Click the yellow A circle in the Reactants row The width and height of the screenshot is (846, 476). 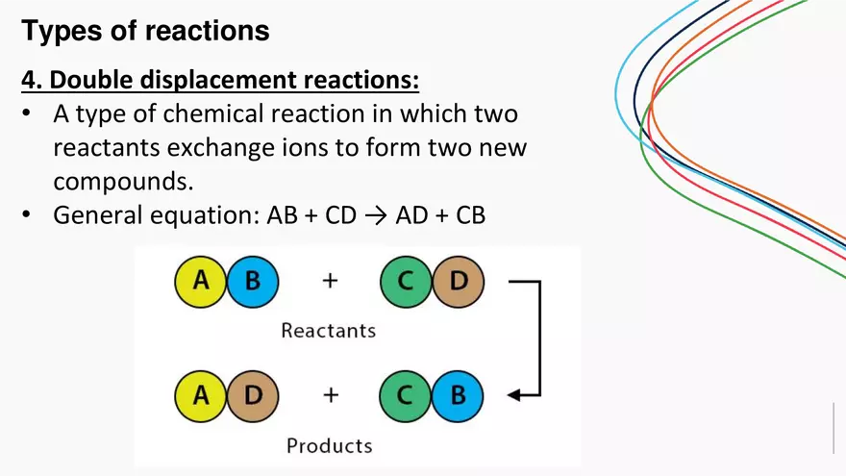(x=201, y=282)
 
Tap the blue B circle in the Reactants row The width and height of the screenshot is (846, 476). (x=252, y=282)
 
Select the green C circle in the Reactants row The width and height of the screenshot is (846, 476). (x=406, y=282)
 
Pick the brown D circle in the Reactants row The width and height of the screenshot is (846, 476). (x=458, y=282)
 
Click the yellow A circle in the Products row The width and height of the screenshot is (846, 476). (x=201, y=395)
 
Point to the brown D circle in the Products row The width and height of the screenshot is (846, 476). (x=252, y=395)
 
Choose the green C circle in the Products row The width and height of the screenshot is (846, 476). (x=406, y=395)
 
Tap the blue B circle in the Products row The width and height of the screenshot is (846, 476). (x=458, y=395)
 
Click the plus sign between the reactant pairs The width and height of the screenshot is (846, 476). (x=330, y=282)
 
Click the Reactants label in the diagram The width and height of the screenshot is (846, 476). (x=328, y=331)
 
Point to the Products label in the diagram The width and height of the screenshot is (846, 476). (x=329, y=445)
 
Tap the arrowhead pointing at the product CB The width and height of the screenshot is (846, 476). (x=513, y=394)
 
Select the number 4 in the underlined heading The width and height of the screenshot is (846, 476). (x=29, y=79)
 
